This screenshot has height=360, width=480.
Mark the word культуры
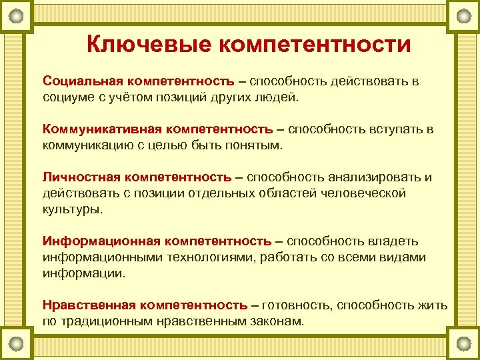(x=72, y=209)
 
